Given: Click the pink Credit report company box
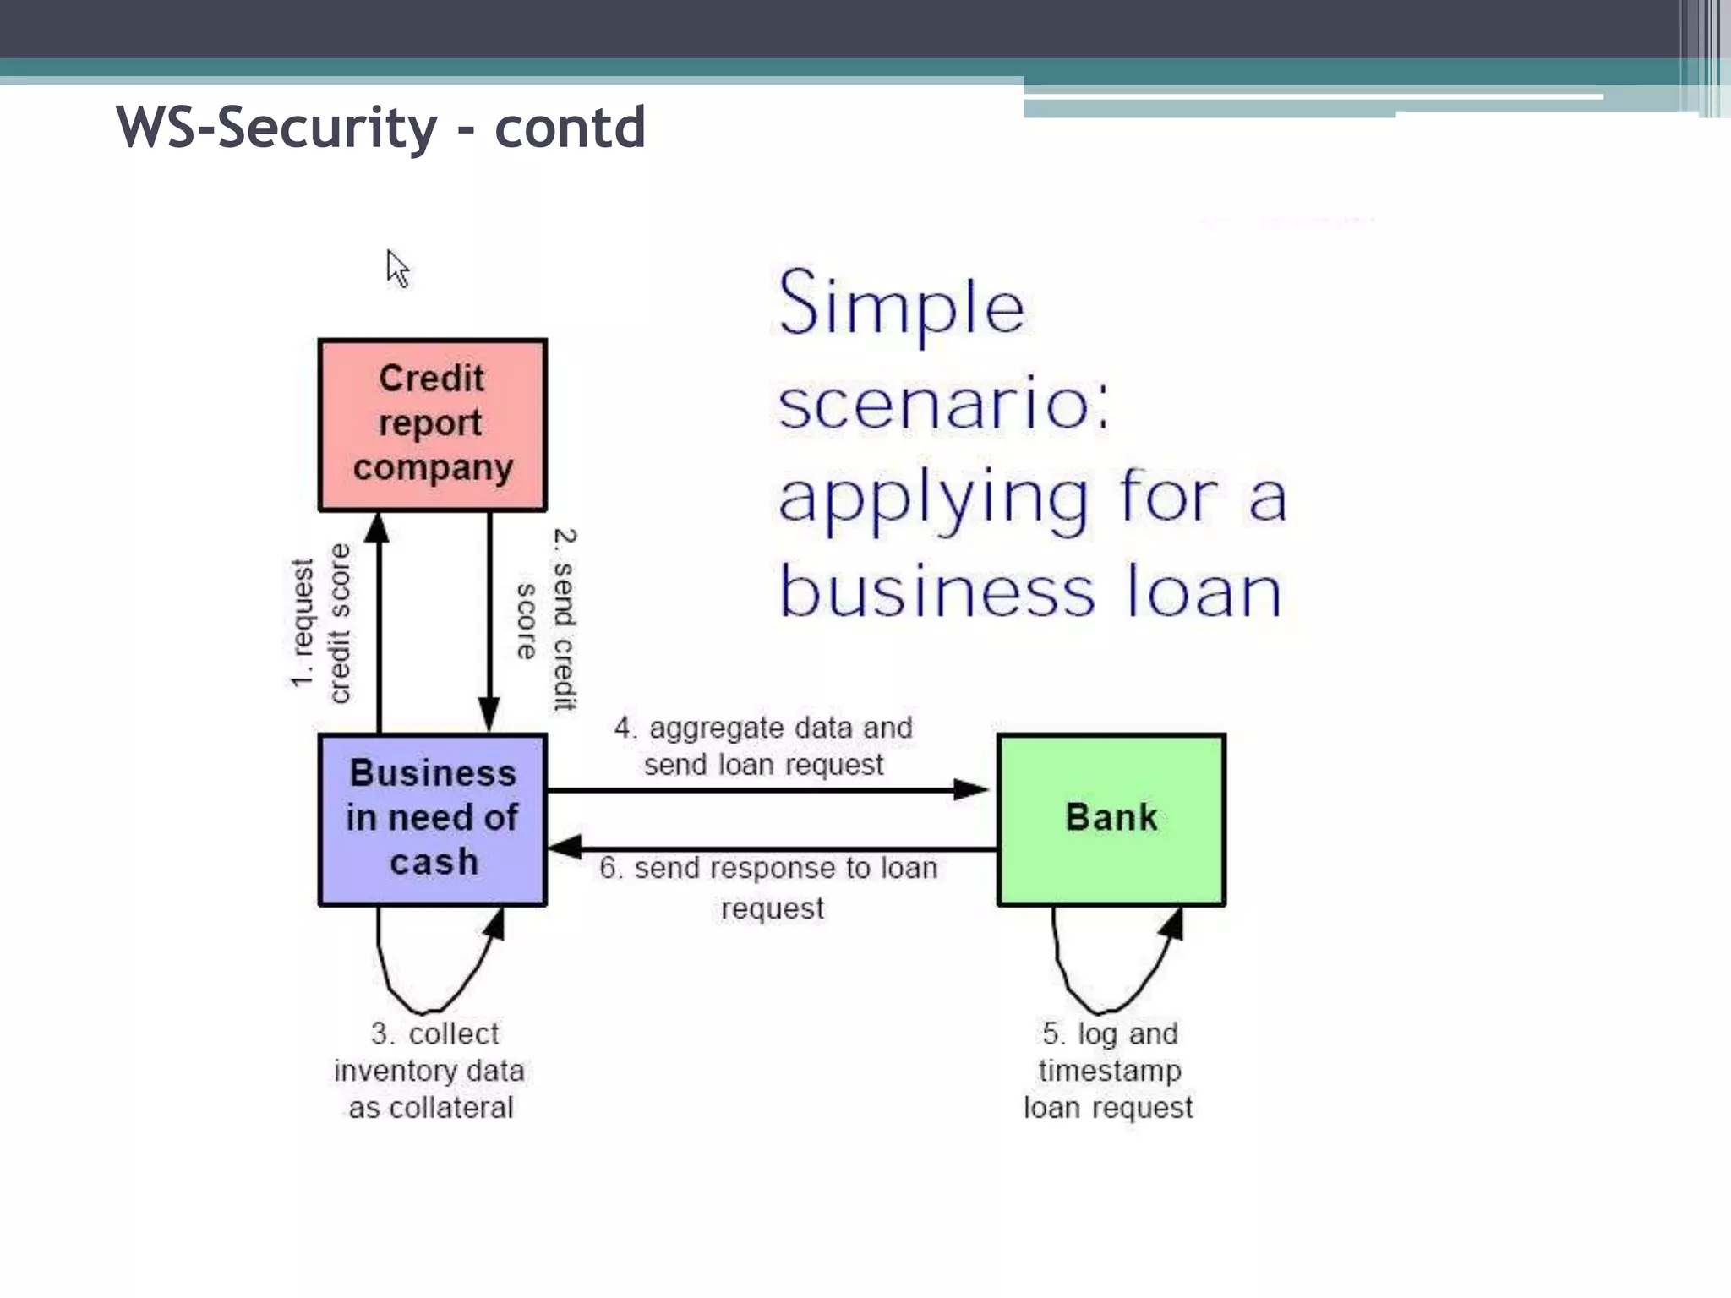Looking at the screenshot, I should pos(433,425).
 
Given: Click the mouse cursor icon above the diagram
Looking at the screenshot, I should pos(397,269).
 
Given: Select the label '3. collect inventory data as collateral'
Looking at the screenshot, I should pos(430,1070).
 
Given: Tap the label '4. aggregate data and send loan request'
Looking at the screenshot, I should pos(764,745).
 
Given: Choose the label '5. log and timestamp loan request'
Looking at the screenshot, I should pos(1109,1070).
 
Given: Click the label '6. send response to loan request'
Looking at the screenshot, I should pos(769,887).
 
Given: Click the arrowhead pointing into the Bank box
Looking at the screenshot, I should pos(971,790).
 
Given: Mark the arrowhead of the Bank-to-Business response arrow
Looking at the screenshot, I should pos(565,848).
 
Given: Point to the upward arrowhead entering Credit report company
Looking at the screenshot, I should pos(378,528).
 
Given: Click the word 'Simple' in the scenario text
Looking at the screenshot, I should pos(901,304).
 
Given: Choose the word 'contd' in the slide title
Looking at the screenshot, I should pos(570,128).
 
